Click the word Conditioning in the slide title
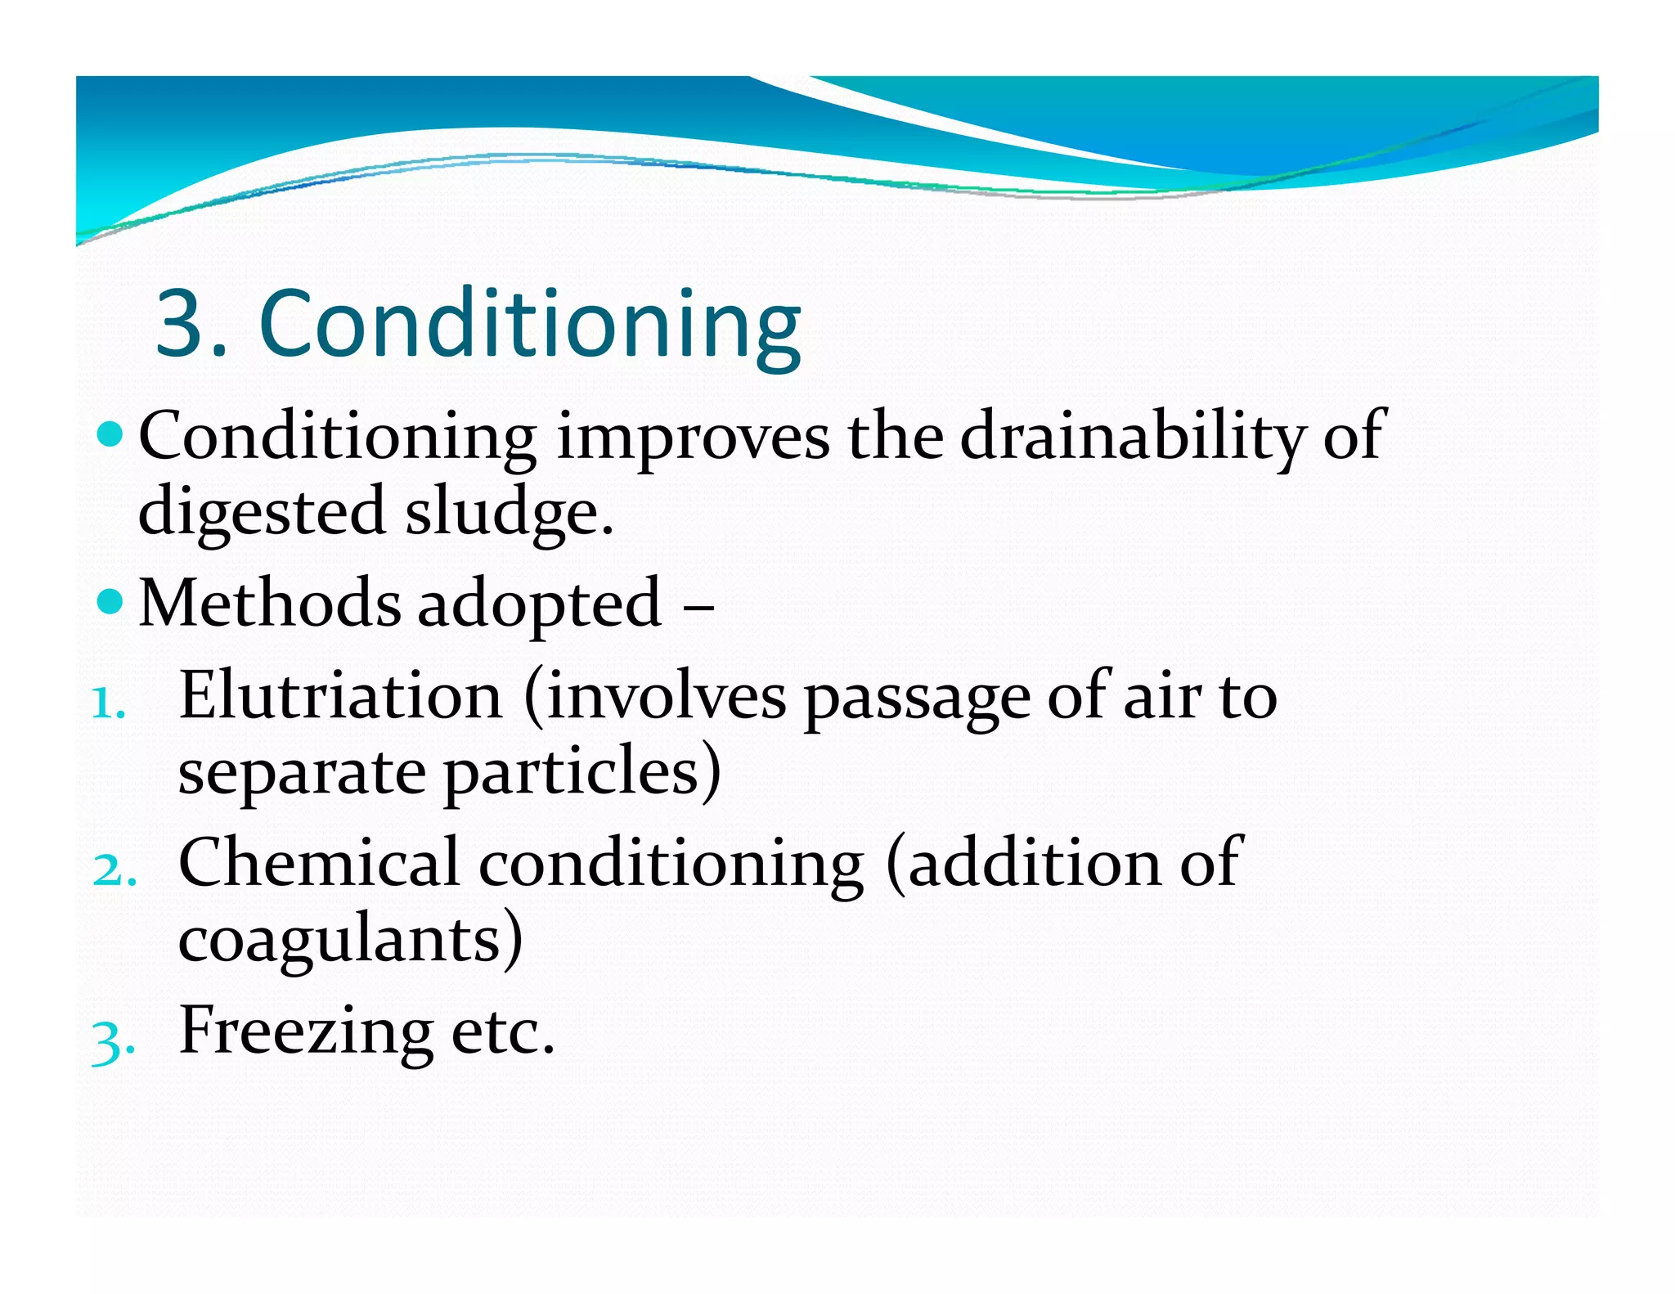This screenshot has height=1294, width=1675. click(x=530, y=325)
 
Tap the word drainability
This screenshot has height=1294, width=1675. click(x=1131, y=438)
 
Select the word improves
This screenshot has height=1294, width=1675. click(x=693, y=438)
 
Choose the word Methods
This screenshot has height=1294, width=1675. click(x=270, y=604)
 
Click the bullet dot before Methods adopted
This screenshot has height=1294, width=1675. click(x=110, y=603)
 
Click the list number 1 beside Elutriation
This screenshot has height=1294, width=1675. click(x=106, y=703)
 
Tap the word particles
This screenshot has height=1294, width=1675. click(x=573, y=773)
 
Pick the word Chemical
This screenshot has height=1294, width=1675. click(x=318, y=863)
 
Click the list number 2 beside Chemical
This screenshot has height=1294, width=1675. click(x=112, y=870)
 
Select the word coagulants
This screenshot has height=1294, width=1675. click(x=340, y=941)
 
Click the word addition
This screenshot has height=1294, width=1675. click(x=1032, y=863)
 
